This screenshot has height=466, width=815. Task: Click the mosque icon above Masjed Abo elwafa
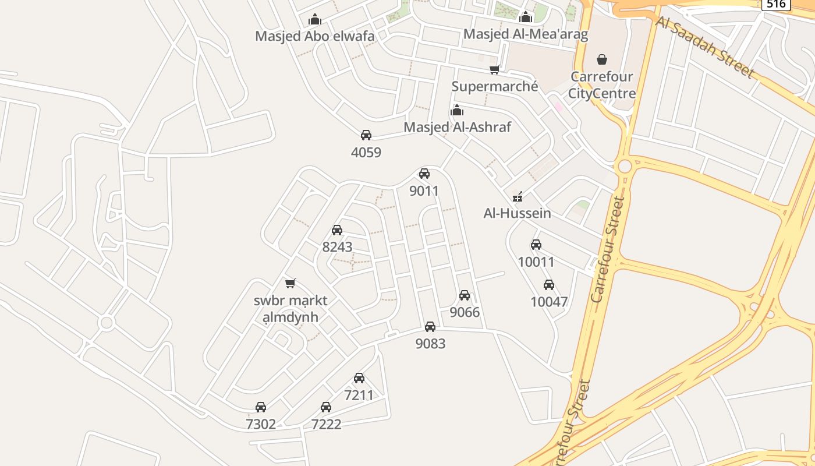pyautogui.click(x=315, y=19)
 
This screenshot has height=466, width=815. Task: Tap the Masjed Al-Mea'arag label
pyautogui.click(x=525, y=34)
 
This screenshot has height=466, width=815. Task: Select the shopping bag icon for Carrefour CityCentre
pyautogui.click(x=602, y=59)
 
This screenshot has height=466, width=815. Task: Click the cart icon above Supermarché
pyautogui.click(x=494, y=70)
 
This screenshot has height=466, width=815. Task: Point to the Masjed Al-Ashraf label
pyautogui.click(x=457, y=127)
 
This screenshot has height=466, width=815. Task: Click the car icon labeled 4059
pyautogui.click(x=366, y=135)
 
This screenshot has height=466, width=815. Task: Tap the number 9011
pyautogui.click(x=424, y=191)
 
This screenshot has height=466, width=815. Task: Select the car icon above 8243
pyautogui.click(x=337, y=230)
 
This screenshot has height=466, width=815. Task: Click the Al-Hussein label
pyautogui.click(x=517, y=213)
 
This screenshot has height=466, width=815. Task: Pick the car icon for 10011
pyautogui.click(x=536, y=245)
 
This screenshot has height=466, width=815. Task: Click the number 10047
pyautogui.click(x=548, y=302)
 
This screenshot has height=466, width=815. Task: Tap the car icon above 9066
pyautogui.click(x=465, y=295)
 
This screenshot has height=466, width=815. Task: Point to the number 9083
pyautogui.click(x=430, y=344)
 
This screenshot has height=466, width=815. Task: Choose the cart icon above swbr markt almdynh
pyautogui.click(x=290, y=283)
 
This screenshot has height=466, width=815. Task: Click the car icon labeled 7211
pyautogui.click(x=359, y=377)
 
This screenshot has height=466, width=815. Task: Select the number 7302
pyautogui.click(x=261, y=424)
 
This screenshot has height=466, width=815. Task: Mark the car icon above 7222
pyautogui.click(x=326, y=407)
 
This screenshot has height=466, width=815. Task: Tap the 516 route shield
pyautogui.click(x=776, y=4)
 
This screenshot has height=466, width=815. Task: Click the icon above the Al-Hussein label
pyautogui.click(x=517, y=196)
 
